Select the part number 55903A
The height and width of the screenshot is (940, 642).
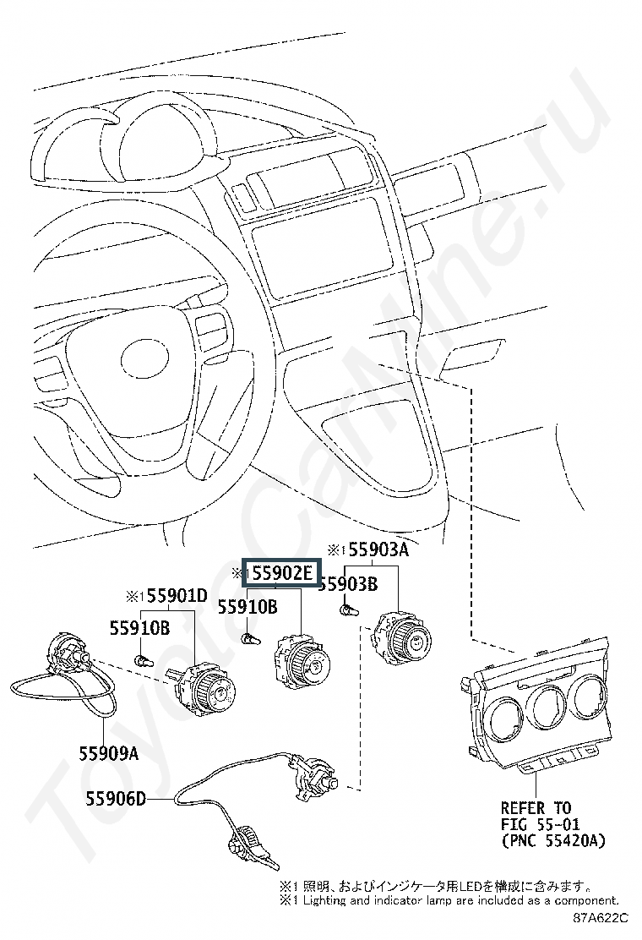click(x=378, y=549)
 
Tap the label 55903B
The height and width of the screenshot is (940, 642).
click(x=349, y=584)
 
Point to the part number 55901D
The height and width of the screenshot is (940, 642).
click(x=177, y=596)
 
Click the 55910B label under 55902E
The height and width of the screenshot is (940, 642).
click(x=248, y=607)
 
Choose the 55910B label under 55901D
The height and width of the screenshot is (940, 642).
click(x=139, y=628)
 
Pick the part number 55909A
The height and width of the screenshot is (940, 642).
click(x=109, y=753)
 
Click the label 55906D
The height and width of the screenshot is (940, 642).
click(x=117, y=799)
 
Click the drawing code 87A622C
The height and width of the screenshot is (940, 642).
click(x=601, y=918)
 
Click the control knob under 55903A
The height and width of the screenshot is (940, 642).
click(x=400, y=640)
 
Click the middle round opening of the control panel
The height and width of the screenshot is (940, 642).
click(x=548, y=708)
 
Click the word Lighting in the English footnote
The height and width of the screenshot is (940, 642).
click(x=325, y=900)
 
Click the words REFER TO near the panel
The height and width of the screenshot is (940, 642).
click(x=536, y=807)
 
